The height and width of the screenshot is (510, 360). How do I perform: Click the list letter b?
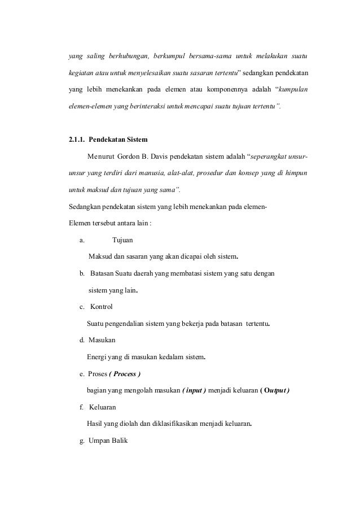(x=82, y=274)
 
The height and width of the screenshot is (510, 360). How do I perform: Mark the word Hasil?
(x=95, y=424)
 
